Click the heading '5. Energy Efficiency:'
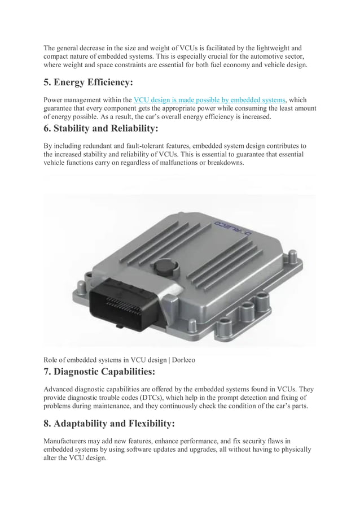click(x=89, y=83)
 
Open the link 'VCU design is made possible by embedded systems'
click(x=209, y=100)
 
